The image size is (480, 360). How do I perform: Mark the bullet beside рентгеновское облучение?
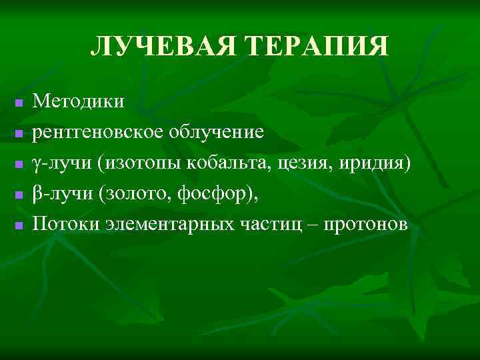click(x=19, y=134)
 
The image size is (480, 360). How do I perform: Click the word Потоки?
click(x=67, y=223)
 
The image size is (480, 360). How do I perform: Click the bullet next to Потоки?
click(x=19, y=225)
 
